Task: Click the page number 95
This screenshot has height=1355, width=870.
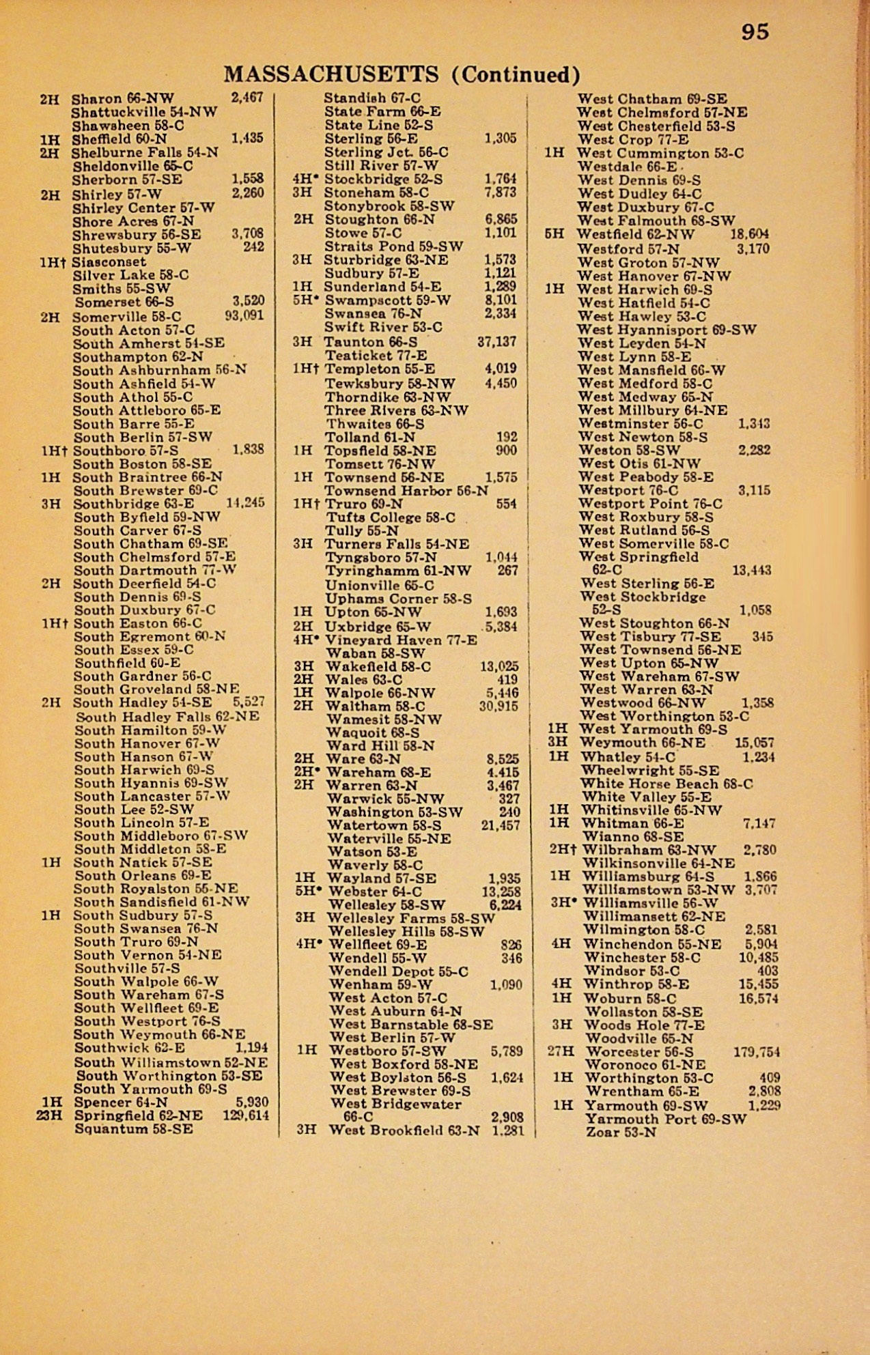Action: [x=755, y=32]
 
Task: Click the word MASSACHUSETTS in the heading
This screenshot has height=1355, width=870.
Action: [x=331, y=74]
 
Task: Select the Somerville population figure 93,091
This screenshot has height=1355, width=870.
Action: [x=244, y=316]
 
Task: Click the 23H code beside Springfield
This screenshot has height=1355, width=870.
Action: [x=49, y=1115]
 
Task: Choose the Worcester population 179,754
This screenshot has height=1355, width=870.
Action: [x=757, y=1052]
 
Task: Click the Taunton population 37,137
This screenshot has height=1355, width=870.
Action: [x=496, y=342]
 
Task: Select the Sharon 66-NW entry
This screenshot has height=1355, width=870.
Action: [x=123, y=98]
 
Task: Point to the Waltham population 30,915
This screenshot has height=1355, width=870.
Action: [x=499, y=707]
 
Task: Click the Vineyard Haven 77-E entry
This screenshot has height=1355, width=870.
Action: [x=401, y=640]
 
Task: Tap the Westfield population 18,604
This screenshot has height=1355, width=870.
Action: [x=749, y=234]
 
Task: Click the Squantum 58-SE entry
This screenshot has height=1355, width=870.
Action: [x=134, y=1129]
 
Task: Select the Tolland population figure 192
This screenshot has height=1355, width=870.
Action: [x=507, y=437]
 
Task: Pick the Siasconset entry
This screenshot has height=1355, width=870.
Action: [x=109, y=261]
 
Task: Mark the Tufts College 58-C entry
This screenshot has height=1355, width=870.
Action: [x=391, y=517]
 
